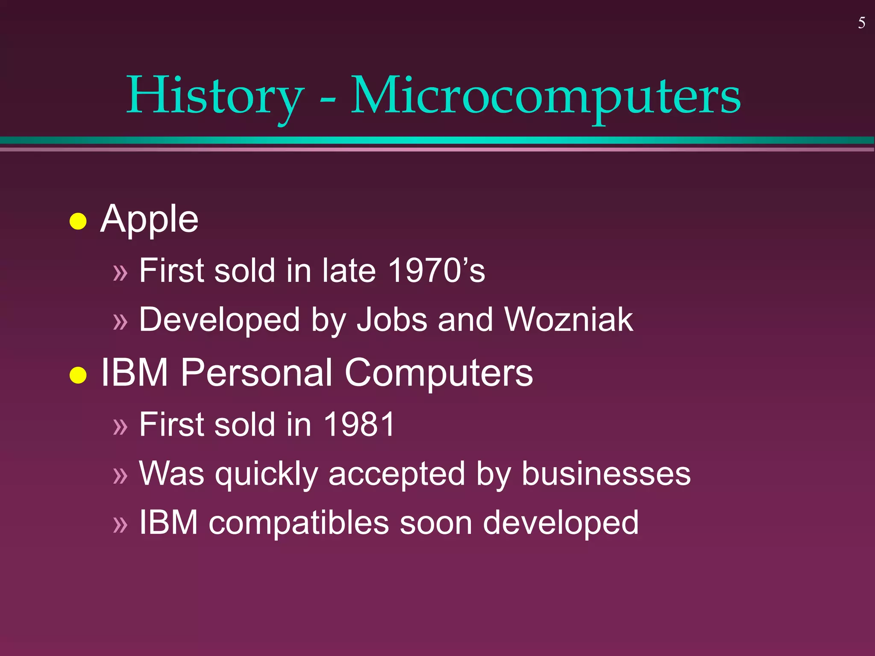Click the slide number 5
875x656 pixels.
click(x=861, y=23)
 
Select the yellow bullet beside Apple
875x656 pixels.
click(x=78, y=221)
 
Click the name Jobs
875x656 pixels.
click(x=392, y=319)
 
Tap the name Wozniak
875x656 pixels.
click(x=568, y=319)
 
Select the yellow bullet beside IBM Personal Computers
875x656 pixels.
click(x=78, y=375)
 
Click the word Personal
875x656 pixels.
click(x=256, y=373)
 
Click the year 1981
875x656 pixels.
click(x=359, y=425)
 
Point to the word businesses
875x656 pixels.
click(x=606, y=474)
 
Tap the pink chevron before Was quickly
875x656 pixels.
click(x=120, y=475)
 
